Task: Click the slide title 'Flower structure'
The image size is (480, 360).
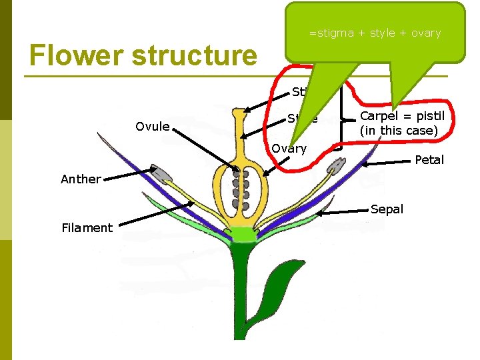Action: [x=143, y=55]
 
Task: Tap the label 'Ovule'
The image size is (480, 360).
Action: [x=152, y=127]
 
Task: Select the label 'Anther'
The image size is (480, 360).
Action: [x=81, y=179]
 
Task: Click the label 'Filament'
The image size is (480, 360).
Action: [x=87, y=228]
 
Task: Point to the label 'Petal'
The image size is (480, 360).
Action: [x=429, y=160]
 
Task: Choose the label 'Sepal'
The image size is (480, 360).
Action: [x=387, y=209]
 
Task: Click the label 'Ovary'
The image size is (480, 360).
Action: [x=289, y=149]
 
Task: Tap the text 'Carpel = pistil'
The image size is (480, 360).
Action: [x=402, y=116]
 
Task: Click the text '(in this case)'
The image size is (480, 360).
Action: [x=399, y=131]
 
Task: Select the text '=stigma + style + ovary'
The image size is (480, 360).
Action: [x=374, y=33]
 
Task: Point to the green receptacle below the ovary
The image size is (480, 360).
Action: [x=238, y=234]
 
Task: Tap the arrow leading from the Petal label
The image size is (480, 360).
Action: [x=387, y=162]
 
